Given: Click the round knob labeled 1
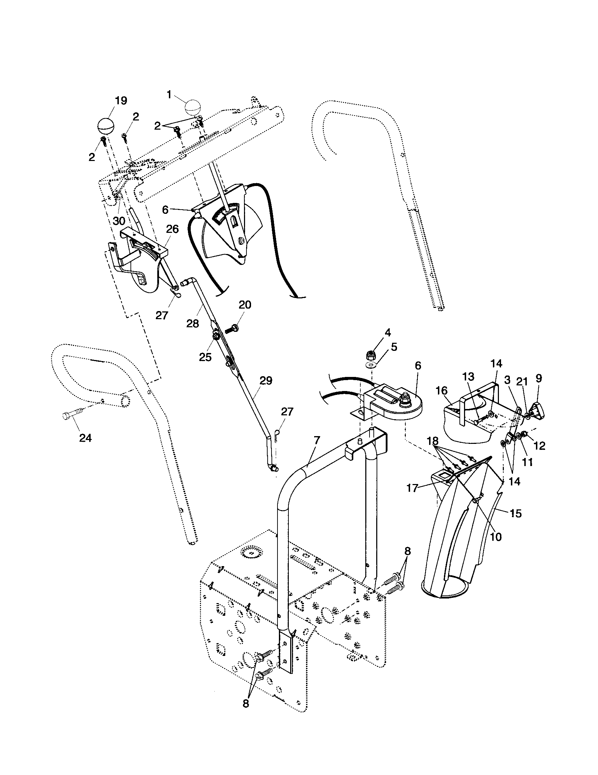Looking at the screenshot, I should click(193, 107).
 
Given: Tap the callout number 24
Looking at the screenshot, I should click(85, 438).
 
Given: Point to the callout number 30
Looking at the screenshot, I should click(119, 221).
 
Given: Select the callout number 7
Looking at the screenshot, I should click(316, 440).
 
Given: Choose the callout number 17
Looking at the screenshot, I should click(412, 488).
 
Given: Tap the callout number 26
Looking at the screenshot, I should click(172, 229).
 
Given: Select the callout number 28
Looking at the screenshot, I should click(193, 324).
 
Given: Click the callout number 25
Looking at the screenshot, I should click(205, 357).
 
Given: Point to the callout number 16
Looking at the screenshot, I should click(441, 391).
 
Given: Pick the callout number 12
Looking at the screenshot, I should click(539, 446).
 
